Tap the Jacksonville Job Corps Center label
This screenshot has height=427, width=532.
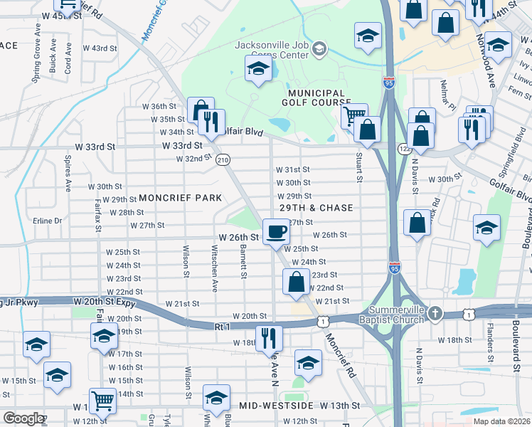(274, 49)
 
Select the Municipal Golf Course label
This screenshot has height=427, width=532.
(316, 98)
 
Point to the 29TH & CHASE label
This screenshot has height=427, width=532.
(317, 208)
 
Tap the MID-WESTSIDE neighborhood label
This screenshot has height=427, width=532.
(276, 405)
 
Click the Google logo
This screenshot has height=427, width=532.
(23, 418)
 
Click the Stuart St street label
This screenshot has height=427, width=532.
(359, 167)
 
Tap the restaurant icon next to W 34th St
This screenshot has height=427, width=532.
(211, 122)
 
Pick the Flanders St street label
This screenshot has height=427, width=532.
(490, 337)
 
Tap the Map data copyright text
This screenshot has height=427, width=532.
(501, 421)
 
